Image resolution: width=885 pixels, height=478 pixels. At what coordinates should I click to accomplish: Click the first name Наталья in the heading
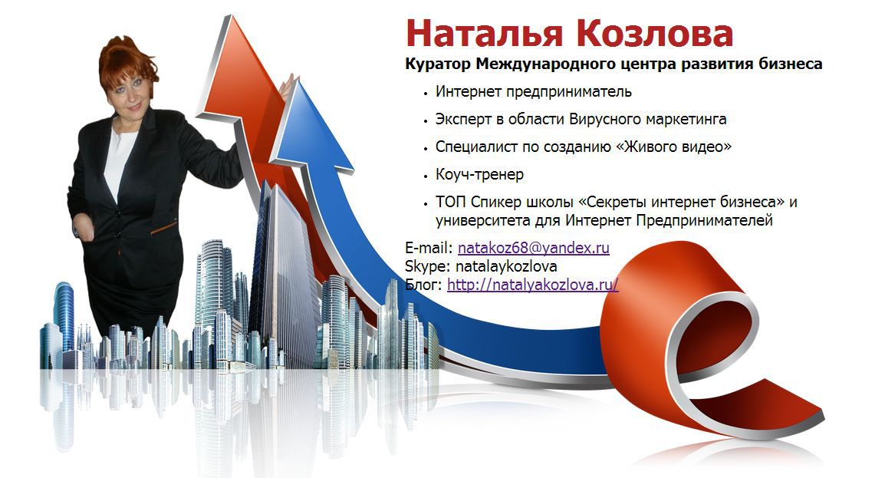pos(484,33)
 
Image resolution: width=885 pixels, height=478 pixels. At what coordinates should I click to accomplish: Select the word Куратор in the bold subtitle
pos(438,64)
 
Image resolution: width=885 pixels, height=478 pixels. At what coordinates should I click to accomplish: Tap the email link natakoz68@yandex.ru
pos(533,248)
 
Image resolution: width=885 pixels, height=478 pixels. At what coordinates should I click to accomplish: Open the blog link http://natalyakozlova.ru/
pos(532,285)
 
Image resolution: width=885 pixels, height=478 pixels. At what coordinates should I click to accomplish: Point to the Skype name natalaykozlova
pos(506,266)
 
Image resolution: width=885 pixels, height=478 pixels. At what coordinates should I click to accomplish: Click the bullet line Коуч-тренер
pos(479,174)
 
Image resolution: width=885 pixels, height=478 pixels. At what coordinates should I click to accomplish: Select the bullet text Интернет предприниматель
pos(533,92)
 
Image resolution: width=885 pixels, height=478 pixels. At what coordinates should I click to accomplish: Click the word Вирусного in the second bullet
pos(605,120)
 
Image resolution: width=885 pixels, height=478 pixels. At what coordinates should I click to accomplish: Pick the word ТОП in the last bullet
pos(451,202)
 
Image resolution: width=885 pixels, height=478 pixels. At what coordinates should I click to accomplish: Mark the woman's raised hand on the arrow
pos(288,88)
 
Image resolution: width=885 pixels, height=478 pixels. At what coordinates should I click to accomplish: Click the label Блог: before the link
pos(424,285)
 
